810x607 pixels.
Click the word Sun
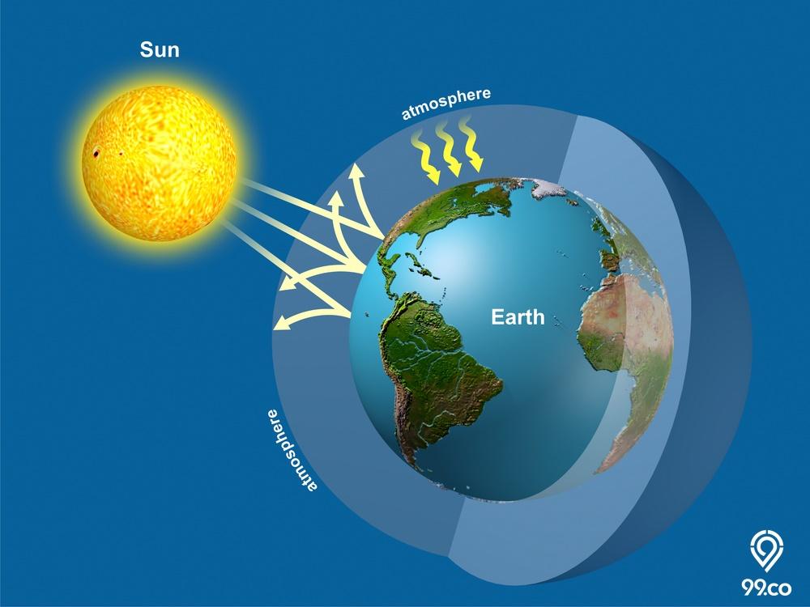click(x=160, y=50)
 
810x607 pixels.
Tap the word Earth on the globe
click(x=518, y=316)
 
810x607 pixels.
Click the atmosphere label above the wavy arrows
click(x=446, y=104)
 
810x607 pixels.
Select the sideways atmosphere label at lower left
click(x=290, y=450)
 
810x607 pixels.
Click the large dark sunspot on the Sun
click(x=96, y=153)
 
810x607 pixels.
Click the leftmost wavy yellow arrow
click(x=425, y=158)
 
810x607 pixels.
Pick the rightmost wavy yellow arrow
click(x=471, y=144)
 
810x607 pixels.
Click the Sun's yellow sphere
click(x=159, y=163)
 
